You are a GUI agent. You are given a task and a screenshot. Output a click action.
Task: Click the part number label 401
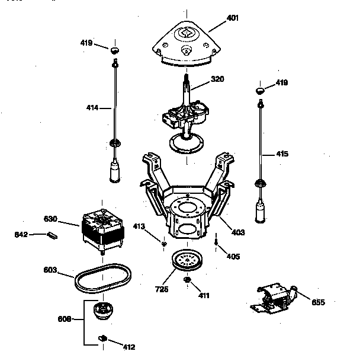click(233, 18)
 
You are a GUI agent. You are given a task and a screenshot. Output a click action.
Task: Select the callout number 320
click(218, 78)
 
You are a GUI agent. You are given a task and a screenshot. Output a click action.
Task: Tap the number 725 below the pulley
click(162, 289)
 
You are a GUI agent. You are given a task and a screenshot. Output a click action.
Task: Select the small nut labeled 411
click(187, 280)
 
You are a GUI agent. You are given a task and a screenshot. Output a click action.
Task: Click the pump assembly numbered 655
click(274, 298)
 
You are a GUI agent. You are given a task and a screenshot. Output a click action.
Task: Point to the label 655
click(318, 302)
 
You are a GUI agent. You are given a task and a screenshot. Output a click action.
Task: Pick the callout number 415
click(282, 154)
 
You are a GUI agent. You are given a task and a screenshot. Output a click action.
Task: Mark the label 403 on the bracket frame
click(237, 232)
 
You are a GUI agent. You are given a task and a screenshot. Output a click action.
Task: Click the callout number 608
click(65, 319)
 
